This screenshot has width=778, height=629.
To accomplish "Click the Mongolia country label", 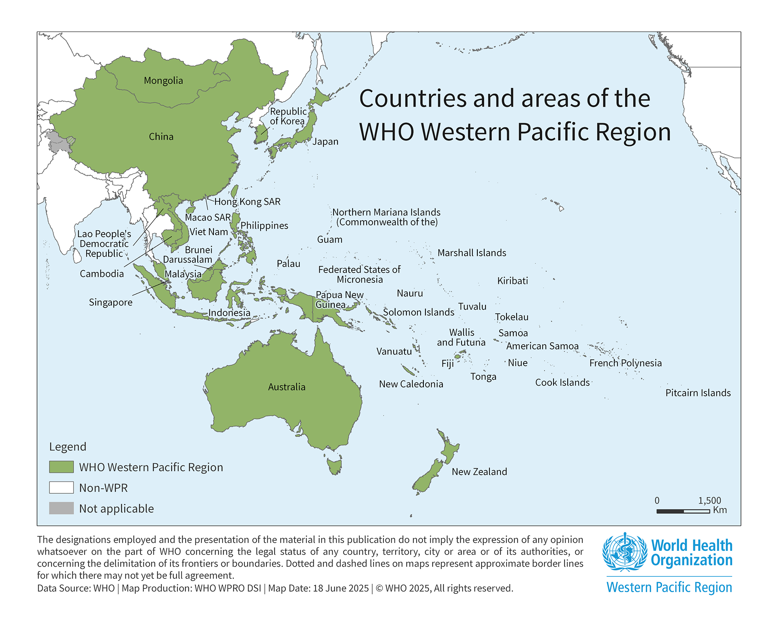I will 163,81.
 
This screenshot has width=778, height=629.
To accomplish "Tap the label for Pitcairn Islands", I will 698,393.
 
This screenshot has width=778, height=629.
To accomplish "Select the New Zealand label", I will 479,472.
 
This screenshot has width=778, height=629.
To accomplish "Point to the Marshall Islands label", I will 472,253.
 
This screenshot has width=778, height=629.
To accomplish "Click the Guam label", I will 329,240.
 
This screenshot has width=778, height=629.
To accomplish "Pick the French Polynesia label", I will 625,363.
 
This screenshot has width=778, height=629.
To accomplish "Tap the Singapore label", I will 111,302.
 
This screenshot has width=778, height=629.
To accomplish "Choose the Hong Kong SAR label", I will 247,202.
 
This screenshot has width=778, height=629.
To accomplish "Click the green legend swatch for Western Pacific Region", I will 61,467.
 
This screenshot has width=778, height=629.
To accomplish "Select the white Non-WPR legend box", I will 61,487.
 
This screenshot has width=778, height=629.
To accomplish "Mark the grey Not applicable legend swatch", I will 61,508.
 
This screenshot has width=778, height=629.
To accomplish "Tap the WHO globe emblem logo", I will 624,552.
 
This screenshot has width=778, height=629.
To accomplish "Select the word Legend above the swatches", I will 68,446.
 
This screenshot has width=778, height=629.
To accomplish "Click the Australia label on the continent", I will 286,387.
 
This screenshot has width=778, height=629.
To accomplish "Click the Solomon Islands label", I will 419,312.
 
